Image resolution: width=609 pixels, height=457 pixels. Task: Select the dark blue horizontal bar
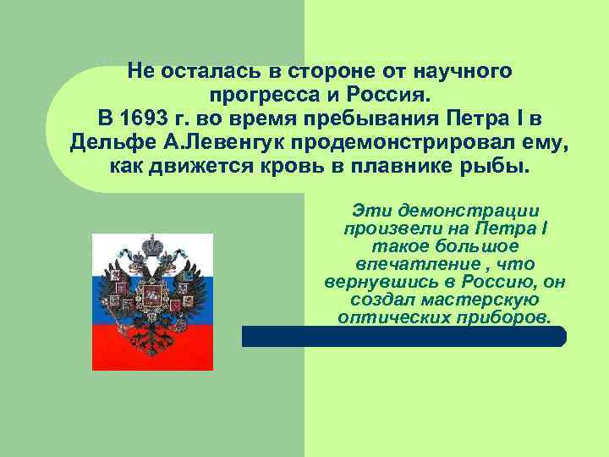coord(403,337)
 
